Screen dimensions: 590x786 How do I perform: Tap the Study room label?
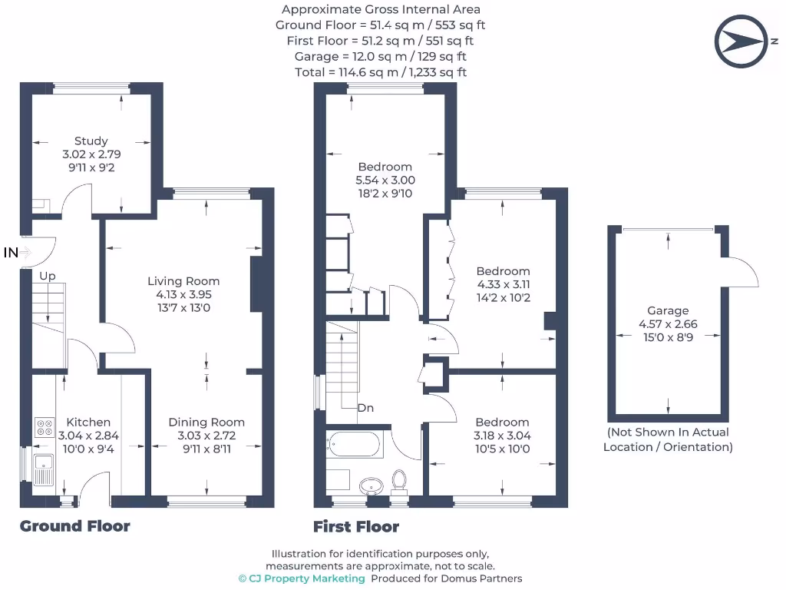[91, 141]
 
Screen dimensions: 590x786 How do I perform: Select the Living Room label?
[183, 281]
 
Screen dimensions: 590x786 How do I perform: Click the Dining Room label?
[206, 422]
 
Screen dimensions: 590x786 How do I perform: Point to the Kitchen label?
[88, 422]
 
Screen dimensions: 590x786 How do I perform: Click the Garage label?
[667, 310]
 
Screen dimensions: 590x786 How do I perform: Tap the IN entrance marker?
[11, 252]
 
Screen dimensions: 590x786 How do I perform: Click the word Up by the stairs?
[48, 276]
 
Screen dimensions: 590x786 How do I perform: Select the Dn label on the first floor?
[365, 407]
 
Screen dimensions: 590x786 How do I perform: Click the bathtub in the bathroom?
[355, 444]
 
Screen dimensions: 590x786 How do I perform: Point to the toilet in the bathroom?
[399, 480]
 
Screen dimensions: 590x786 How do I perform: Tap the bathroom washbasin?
[372, 486]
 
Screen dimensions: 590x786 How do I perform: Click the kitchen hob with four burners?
[44, 428]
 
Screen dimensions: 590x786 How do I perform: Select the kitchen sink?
[42, 468]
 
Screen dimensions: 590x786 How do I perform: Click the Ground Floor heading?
[74, 526]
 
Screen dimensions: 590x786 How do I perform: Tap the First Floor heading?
[356, 527]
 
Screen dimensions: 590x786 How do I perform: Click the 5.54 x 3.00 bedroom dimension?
[385, 180]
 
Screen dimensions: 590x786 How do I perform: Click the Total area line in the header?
[381, 72]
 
